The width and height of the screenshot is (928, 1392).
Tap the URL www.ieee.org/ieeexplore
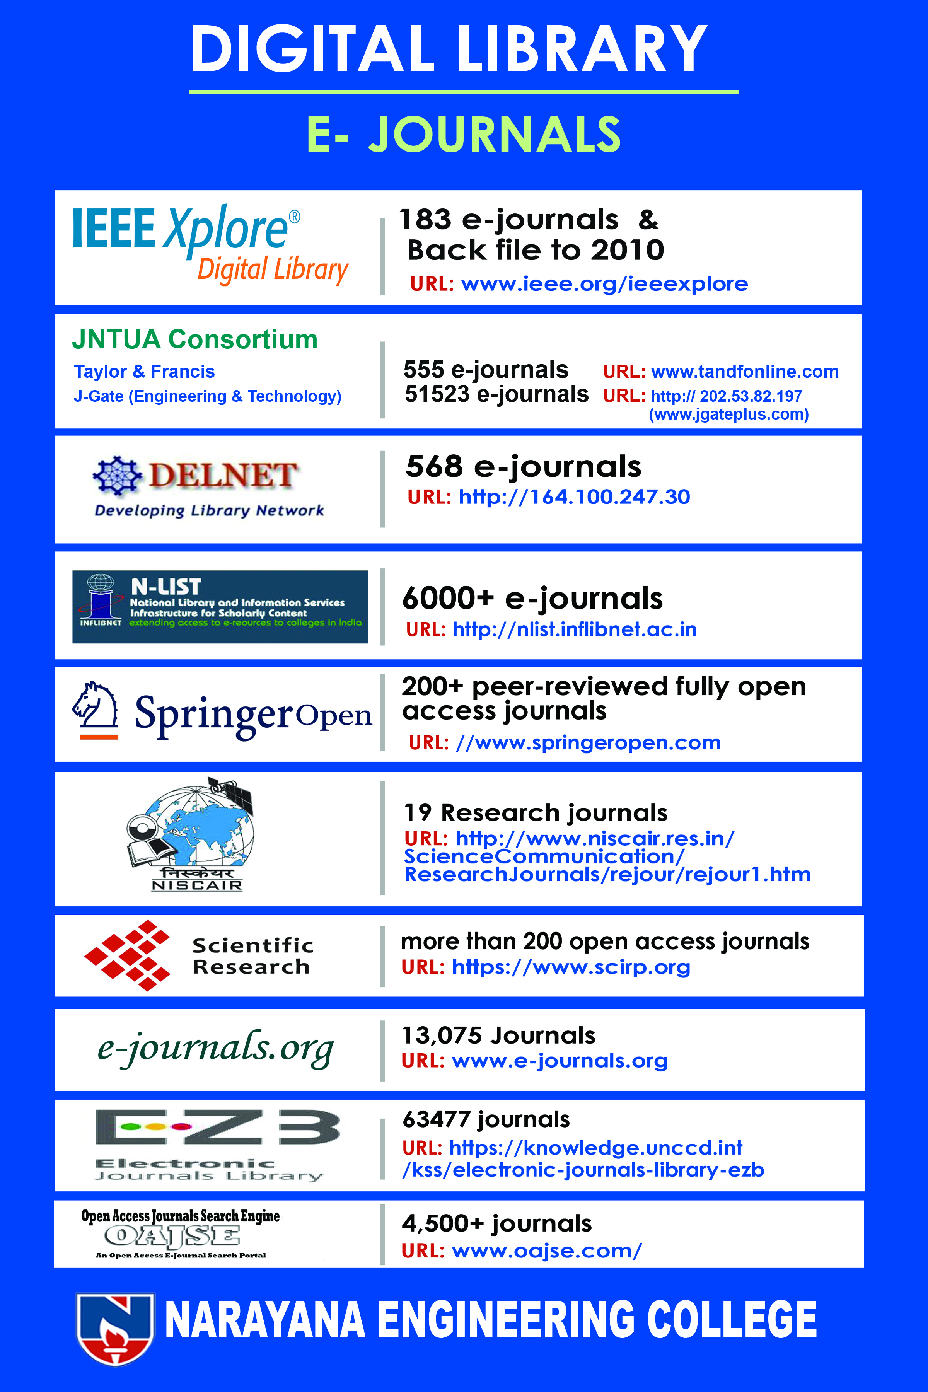click(x=604, y=284)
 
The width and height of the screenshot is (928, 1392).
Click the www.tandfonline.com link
click(x=745, y=372)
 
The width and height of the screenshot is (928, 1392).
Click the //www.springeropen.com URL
click(x=588, y=743)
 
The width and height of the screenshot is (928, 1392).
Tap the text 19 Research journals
click(x=535, y=813)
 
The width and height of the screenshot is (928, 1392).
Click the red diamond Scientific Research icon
click(x=127, y=955)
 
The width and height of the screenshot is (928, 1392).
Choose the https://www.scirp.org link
click(x=571, y=966)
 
